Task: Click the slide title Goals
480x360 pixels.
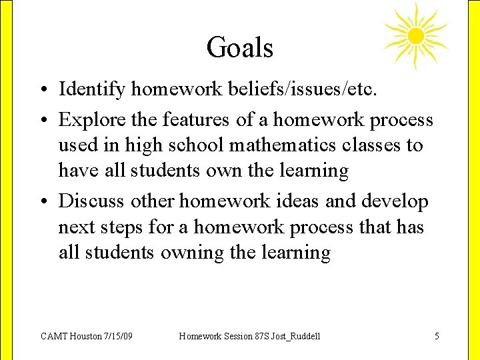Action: [x=240, y=48]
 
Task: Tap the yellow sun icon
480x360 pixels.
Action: [x=415, y=35]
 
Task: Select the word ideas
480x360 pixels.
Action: [x=301, y=201]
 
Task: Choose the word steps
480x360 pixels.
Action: [x=123, y=227]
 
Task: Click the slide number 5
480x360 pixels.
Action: [x=437, y=336]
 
